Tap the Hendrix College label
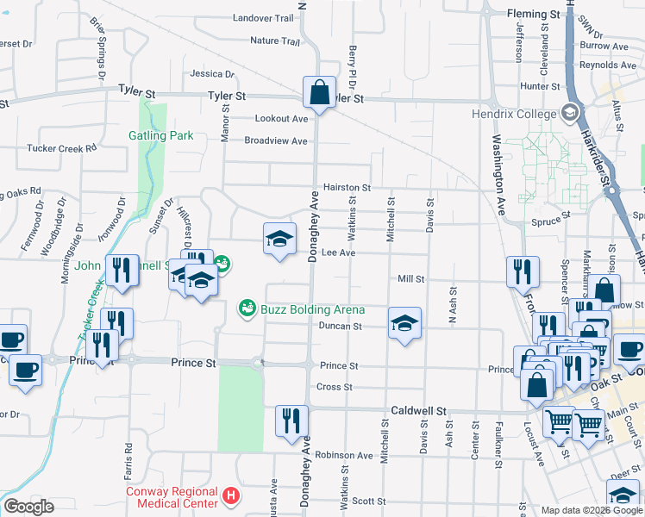tap(514, 113)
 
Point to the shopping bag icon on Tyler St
tap(319, 90)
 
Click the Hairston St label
tap(347, 187)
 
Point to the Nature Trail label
tap(274, 40)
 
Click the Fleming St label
tap(534, 15)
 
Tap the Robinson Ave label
tap(343, 455)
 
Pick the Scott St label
tap(368, 501)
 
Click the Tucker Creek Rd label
tap(61, 148)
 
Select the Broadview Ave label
tap(275, 140)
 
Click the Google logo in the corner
tap(28, 507)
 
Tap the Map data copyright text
tap(591, 510)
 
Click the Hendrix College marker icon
tap(569, 113)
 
